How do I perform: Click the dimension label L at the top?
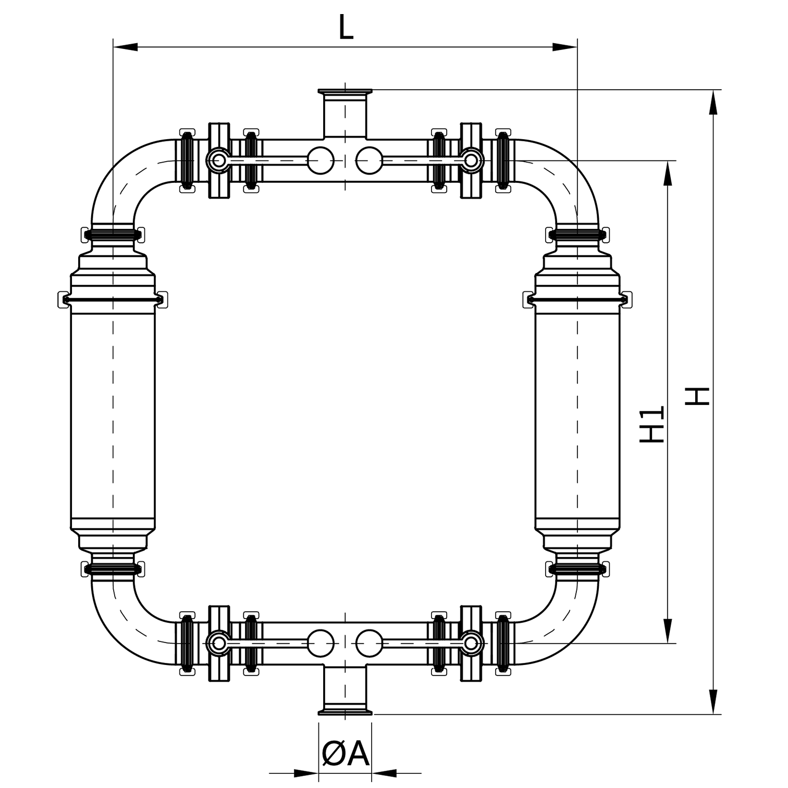(x=346, y=27)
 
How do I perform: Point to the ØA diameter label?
(x=345, y=754)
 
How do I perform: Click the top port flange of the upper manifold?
(x=345, y=93)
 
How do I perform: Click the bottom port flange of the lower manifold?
(x=345, y=711)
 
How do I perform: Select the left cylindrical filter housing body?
(x=113, y=417)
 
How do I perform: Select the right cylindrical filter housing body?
(x=577, y=417)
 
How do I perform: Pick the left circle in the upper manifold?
(x=321, y=161)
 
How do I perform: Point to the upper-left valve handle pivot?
(x=218, y=161)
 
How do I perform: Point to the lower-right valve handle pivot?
(x=471, y=643)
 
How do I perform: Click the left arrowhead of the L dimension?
(x=125, y=47)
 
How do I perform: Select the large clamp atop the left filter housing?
(x=113, y=299)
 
